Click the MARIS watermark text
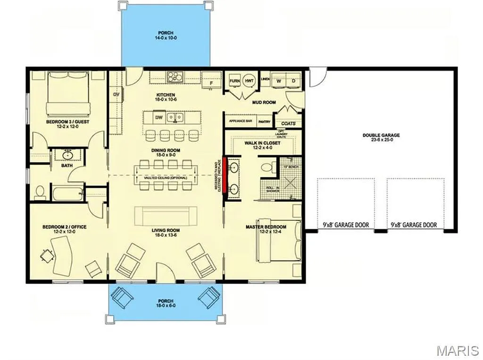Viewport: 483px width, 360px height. coord(457,351)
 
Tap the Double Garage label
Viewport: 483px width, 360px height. coord(381,138)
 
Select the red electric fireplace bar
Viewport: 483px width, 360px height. coord(225,174)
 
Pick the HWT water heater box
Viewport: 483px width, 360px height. coord(250,81)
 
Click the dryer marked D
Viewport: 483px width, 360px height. coord(293,81)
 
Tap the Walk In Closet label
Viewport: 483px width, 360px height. coord(262,145)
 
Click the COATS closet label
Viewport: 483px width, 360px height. coord(288,124)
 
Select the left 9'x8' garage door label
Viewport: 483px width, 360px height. coord(346,225)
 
